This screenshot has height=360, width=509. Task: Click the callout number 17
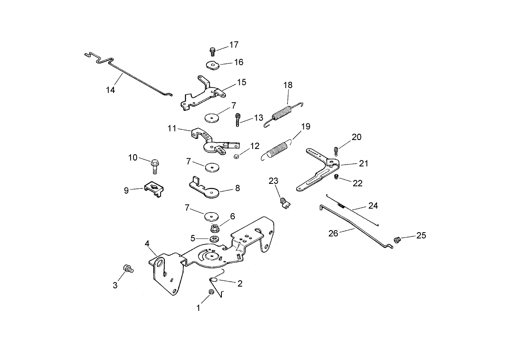[234, 45]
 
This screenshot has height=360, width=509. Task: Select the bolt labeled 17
[212, 52]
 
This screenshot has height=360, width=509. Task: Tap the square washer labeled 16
[211, 65]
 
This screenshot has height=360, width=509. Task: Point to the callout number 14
[110, 90]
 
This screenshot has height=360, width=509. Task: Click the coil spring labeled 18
[282, 113]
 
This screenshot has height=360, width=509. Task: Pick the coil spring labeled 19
[279, 147]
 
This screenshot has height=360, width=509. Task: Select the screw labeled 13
[238, 120]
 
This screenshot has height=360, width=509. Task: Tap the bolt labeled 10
[155, 165]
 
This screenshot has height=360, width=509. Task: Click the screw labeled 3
[128, 269]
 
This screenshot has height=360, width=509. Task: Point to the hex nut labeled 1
[210, 293]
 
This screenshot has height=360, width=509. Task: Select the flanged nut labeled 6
[215, 228]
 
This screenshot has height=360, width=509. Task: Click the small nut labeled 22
[336, 177]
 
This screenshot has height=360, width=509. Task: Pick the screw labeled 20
[336, 152]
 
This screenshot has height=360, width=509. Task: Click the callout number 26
[333, 234]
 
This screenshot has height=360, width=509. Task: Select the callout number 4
[147, 244]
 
